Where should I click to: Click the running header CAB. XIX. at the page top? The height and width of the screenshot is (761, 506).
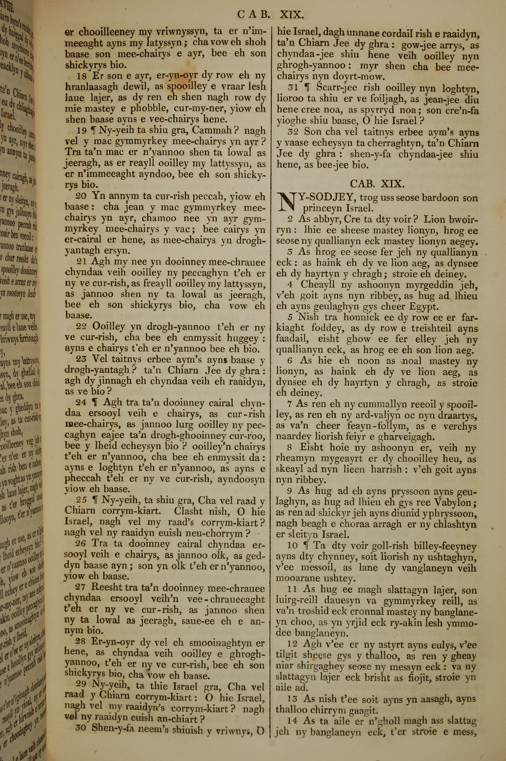(x=270, y=14)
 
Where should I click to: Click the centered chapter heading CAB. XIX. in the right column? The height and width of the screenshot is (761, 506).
(x=377, y=184)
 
